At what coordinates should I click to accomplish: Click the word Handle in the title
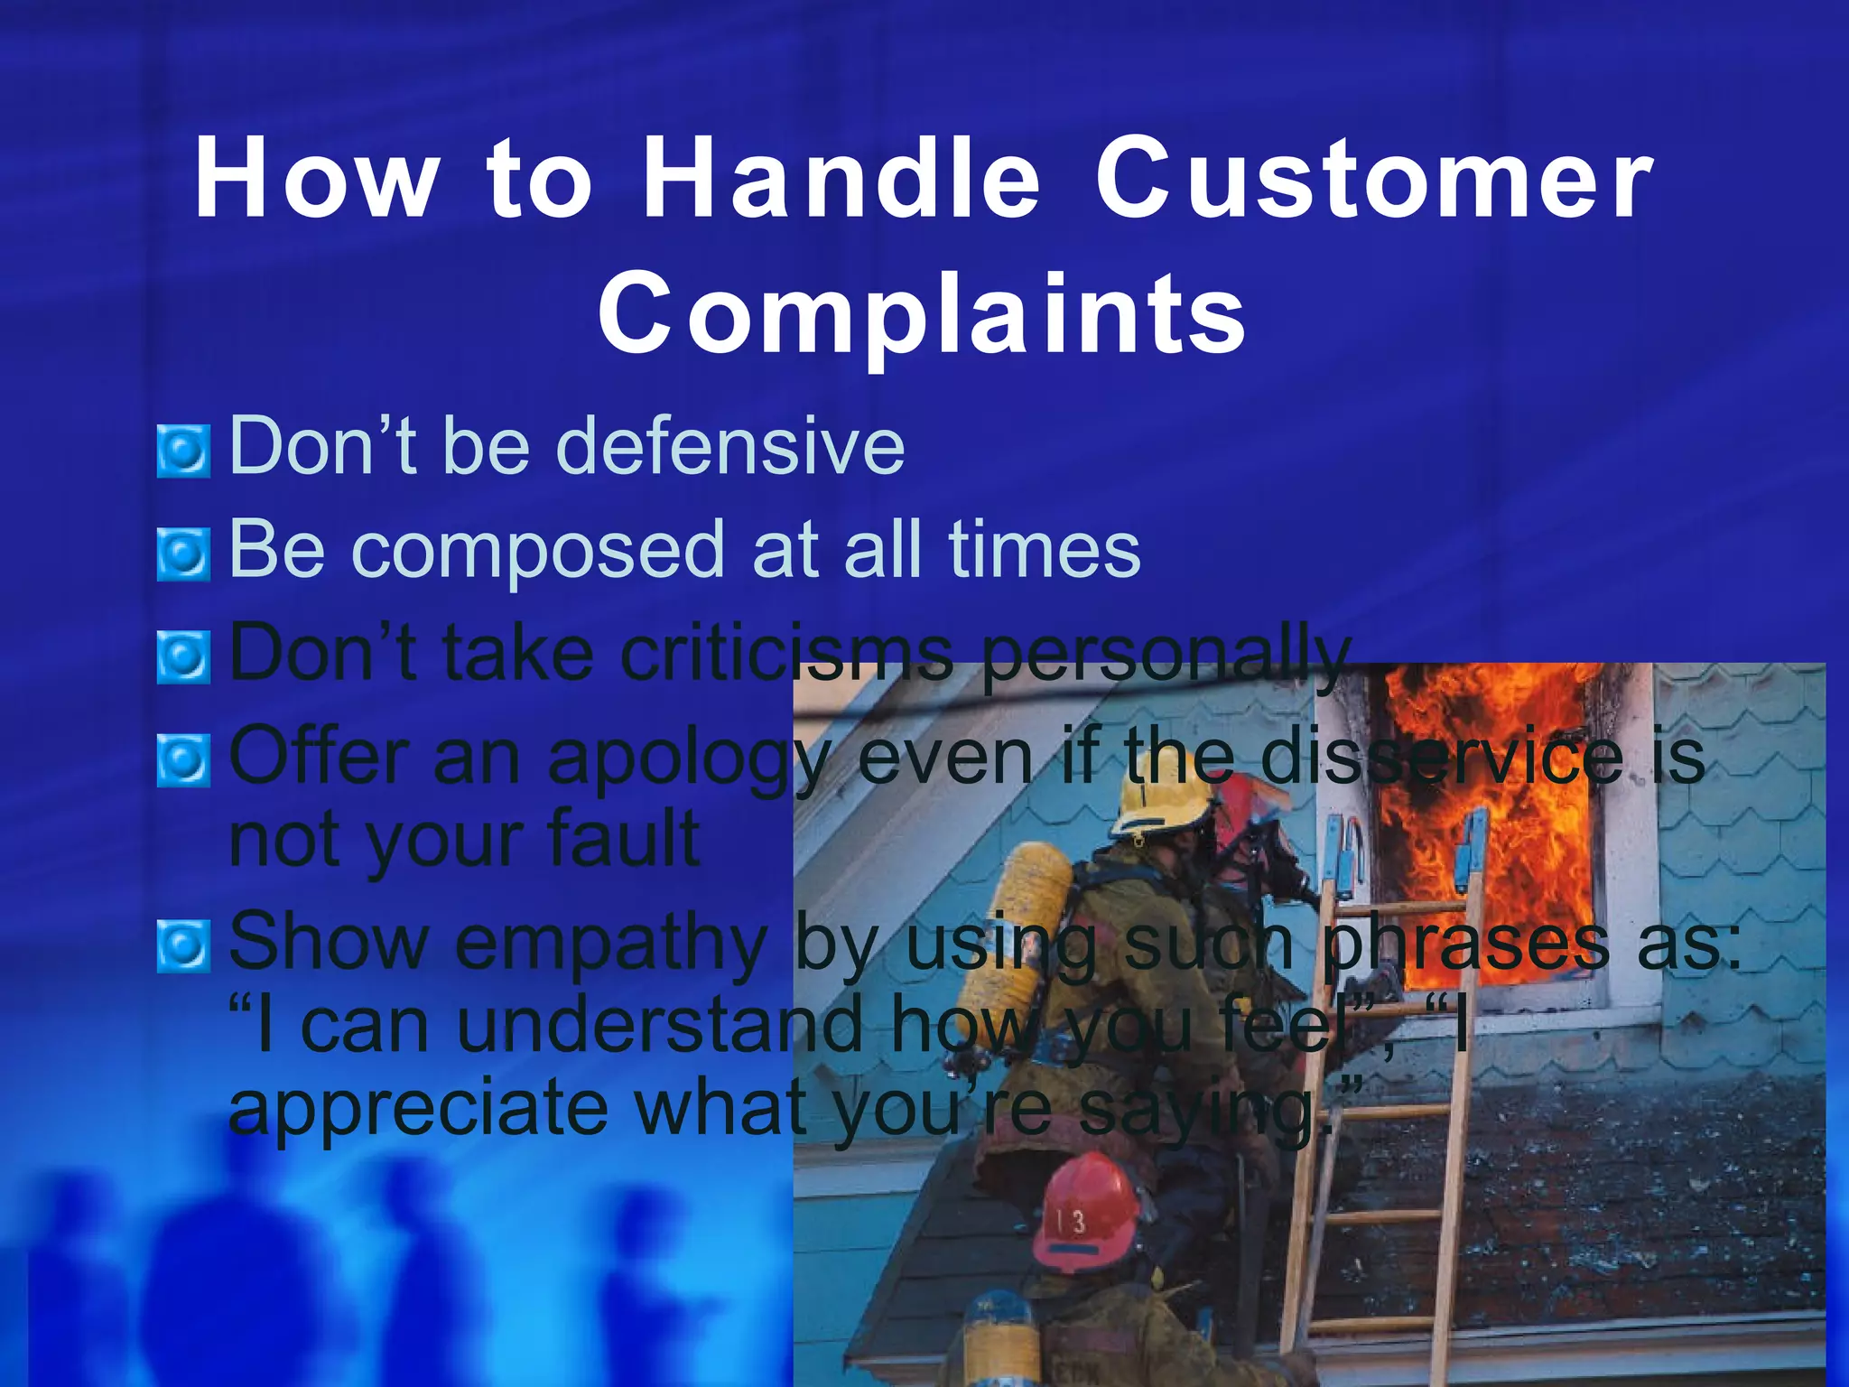point(841,179)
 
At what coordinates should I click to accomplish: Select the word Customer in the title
point(1374,179)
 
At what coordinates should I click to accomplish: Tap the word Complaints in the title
point(923,314)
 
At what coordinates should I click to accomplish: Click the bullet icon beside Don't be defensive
point(183,451)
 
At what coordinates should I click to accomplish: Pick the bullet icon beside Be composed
point(183,554)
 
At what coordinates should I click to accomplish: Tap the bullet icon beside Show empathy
point(183,945)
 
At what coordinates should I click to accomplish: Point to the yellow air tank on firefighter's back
point(1029,912)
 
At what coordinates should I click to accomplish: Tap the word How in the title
point(316,179)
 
